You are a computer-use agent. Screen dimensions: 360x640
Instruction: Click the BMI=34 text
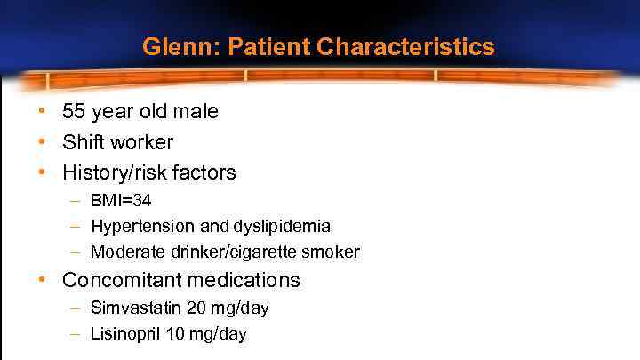(121, 202)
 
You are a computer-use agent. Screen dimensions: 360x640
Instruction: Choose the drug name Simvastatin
(134, 308)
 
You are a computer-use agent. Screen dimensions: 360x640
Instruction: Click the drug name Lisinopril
(124, 334)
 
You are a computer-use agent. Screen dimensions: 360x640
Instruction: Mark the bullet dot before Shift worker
(42, 142)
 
